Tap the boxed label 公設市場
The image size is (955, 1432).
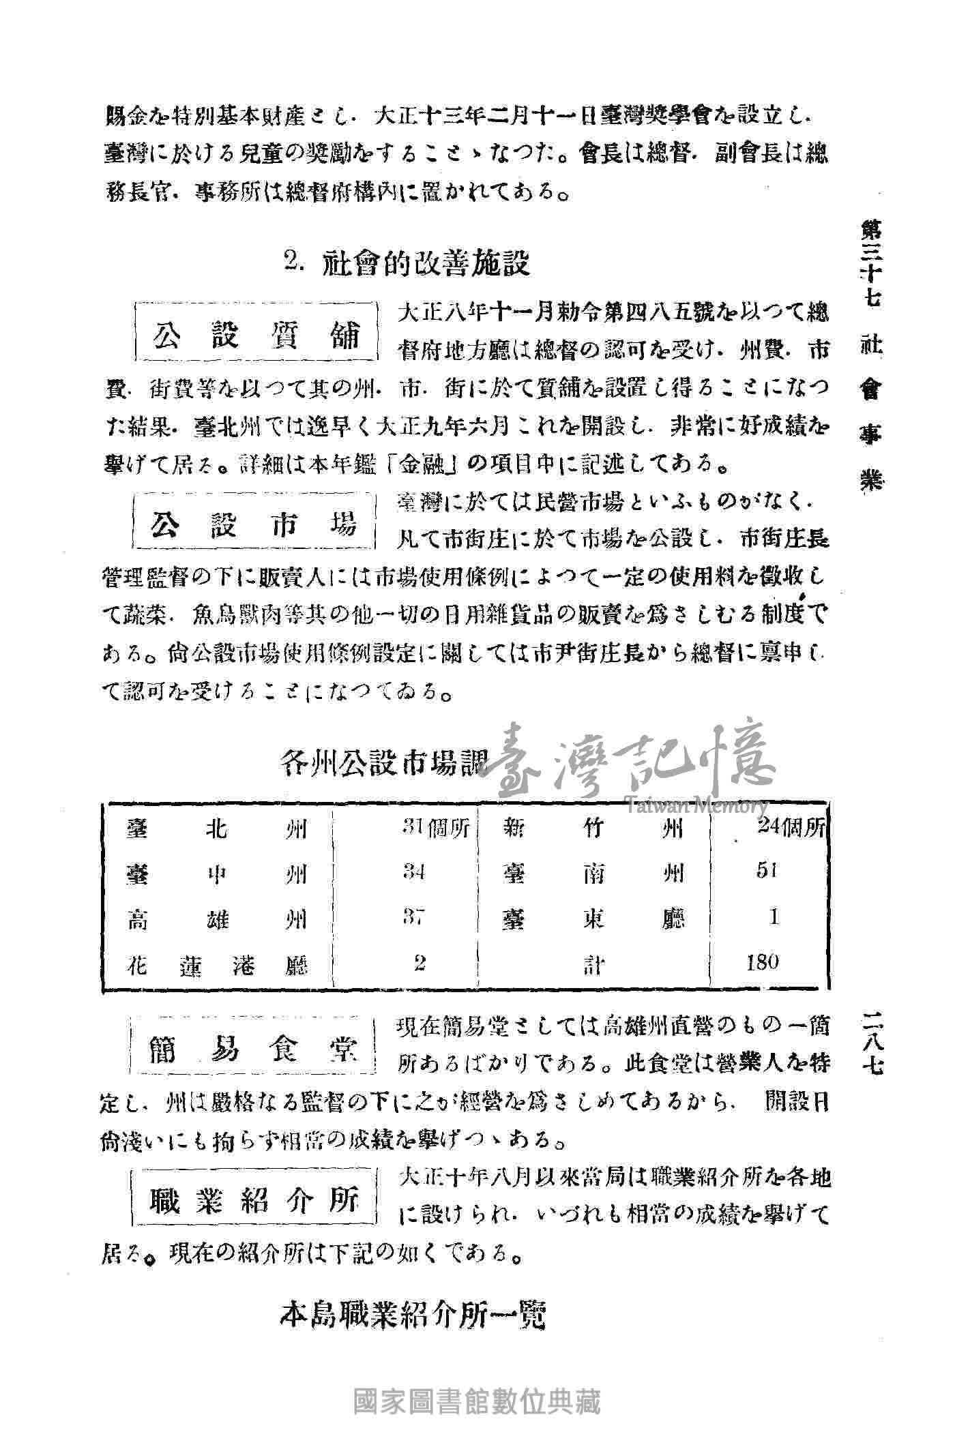[254, 524]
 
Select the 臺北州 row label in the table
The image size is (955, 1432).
[217, 830]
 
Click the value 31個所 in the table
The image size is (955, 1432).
[435, 829]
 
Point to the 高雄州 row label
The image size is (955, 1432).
[217, 920]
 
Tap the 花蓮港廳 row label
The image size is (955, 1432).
[217, 965]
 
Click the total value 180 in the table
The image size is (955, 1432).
[763, 962]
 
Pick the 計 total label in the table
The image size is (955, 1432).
[593, 965]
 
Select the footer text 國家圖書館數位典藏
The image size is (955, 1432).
[477, 1402]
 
